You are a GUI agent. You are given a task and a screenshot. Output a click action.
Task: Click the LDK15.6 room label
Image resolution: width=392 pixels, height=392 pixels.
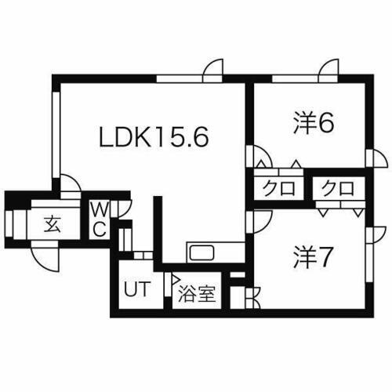click(x=154, y=137)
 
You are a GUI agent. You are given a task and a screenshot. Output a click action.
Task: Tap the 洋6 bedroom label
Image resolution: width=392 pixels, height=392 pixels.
click(x=314, y=122)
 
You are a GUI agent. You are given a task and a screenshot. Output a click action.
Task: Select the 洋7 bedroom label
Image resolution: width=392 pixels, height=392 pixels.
click(x=313, y=257)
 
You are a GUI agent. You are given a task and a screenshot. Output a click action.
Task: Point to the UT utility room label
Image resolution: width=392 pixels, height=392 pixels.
click(x=137, y=289)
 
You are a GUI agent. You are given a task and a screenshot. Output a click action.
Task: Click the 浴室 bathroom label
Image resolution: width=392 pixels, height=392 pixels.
click(x=197, y=294)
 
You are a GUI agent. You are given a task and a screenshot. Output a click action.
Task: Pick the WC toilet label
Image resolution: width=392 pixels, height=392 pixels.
click(x=99, y=220)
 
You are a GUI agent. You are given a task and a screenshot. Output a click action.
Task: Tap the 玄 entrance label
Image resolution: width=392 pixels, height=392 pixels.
click(x=53, y=224)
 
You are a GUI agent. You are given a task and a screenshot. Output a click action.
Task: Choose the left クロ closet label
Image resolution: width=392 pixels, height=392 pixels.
click(x=279, y=188)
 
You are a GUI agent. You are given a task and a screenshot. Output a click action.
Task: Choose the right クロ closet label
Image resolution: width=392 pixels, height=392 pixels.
click(x=338, y=188)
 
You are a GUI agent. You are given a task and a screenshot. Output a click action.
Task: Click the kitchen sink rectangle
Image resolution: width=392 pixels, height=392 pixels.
click(x=202, y=252)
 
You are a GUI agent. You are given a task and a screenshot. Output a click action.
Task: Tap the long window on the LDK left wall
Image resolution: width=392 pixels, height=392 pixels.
click(x=56, y=135)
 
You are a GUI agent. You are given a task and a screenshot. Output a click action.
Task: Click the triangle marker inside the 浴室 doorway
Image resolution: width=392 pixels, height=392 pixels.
click(x=175, y=279)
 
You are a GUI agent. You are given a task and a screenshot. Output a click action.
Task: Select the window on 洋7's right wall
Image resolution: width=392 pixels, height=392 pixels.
click(x=368, y=263)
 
